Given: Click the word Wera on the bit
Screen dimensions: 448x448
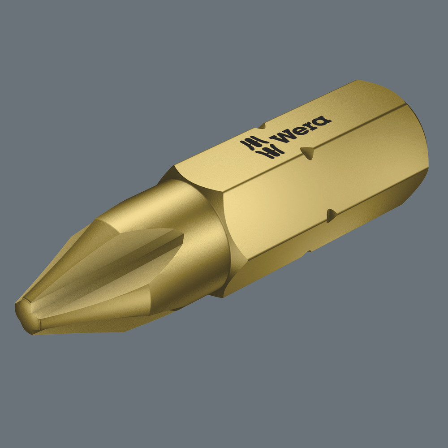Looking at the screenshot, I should [303, 129].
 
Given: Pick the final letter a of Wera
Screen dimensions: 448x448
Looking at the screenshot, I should [323, 121].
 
